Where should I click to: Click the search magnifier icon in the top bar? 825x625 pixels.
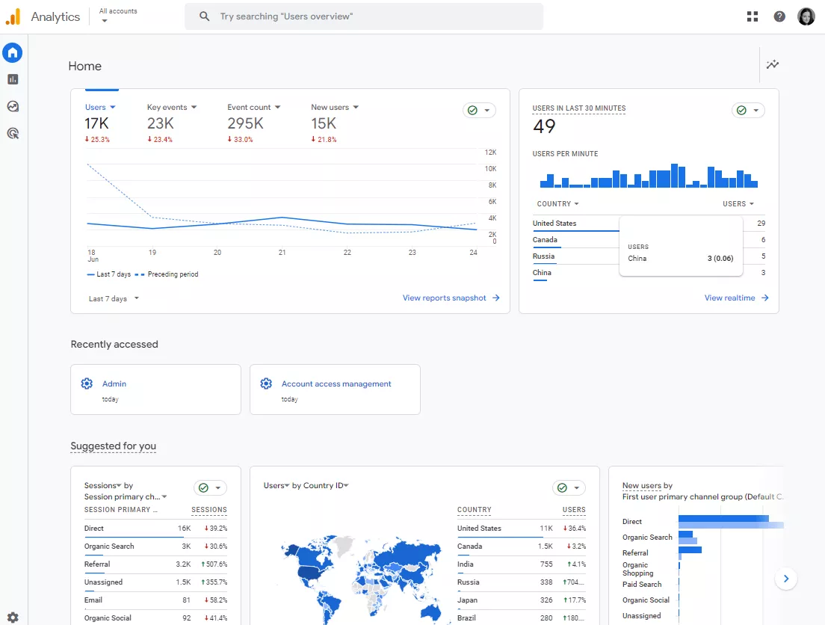click(204, 16)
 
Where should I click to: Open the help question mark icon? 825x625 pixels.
click(779, 17)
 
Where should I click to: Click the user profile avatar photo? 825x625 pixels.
click(806, 17)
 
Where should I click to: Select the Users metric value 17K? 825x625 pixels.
click(97, 123)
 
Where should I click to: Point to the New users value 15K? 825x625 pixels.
click(324, 123)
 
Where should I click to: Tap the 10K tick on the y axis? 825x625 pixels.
click(490, 168)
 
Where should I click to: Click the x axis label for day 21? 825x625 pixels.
click(282, 252)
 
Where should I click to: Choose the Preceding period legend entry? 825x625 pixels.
click(167, 274)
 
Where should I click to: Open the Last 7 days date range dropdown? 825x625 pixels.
click(114, 298)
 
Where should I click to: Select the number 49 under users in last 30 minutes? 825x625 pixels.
click(544, 126)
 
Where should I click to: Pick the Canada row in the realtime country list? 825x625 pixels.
click(545, 239)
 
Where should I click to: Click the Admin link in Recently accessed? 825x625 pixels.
click(114, 384)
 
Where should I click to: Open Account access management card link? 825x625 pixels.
click(336, 384)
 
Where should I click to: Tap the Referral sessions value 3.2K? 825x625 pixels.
click(183, 564)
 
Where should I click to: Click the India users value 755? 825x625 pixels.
click(546, 564)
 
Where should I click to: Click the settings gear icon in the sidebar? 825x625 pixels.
click(13, 617)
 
